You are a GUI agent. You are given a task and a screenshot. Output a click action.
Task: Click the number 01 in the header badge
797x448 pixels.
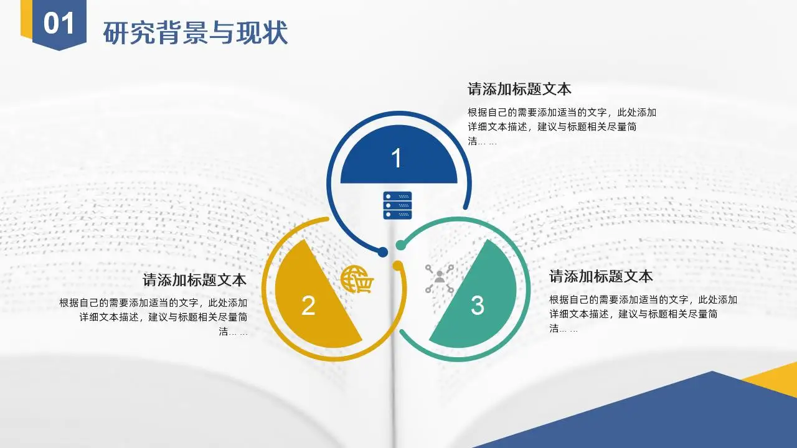pyautogui.click(x=59, y=24)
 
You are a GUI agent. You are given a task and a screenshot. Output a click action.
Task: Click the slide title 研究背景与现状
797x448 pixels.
pyautogui.click(x=196, y=33)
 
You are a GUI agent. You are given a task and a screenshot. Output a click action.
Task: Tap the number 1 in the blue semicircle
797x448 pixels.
pyautogui.click(x=397, y=158)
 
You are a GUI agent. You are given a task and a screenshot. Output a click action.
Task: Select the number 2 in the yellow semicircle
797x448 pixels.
pyautogui.click(x=308, y=305)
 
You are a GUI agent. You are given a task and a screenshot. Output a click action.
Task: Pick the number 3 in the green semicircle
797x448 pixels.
pyautogui.click(x=478, y=305)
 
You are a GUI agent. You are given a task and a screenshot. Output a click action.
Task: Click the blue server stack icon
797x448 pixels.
pyautogui.click(x=397, y=205)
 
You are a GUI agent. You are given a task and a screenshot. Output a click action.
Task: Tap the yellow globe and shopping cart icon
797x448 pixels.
pyautogui.click(x=357, y=279)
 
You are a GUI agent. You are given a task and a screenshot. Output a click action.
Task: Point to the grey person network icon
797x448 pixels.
pyautogui.click(x=440, y=278)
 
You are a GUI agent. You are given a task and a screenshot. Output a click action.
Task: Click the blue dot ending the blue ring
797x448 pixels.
pyautogui.click(x=382, y=253)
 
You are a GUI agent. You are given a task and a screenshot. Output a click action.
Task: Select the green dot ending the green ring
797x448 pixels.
pyautogui.click(x=400, y=245)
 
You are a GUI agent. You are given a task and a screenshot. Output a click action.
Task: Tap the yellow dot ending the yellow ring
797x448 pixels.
pyautogui.click(x=397, y=265)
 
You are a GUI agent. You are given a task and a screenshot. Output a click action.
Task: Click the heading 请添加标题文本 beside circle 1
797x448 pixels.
pyautogui.click(x=519, y=89)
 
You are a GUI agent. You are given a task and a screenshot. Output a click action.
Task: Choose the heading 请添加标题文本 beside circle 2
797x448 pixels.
pyautogui.click(x=195, y=280)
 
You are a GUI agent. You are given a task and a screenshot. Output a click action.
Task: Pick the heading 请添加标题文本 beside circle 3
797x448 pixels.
pyautogui.click(x=601, y=276)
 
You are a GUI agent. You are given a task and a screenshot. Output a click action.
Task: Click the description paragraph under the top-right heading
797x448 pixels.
pyautogui.click(x=562, y=127)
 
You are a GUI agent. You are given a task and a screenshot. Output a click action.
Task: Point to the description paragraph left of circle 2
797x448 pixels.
pyautogui.click(x=153, y=317)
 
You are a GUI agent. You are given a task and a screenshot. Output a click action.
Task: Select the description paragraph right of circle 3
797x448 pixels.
pyautogui.click(x=643, y=314)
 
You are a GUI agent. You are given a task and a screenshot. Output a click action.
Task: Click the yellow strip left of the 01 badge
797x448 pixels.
pyautogui.click(x=26, y=19)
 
